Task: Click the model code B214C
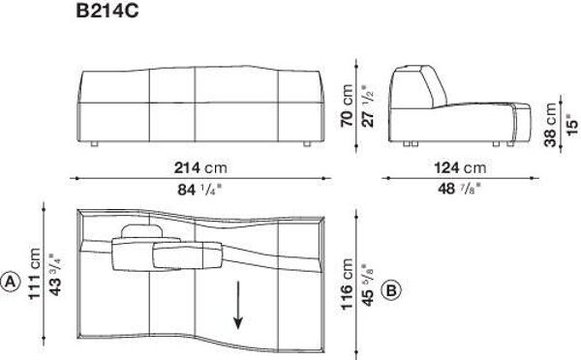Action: [107, 11]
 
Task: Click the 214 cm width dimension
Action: [200, 167]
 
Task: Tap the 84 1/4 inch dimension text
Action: [199, 190]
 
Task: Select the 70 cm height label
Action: [347, 105]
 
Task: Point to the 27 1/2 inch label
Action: [368, 106]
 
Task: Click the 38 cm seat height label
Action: [550, 125]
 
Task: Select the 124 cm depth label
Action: [460, 167]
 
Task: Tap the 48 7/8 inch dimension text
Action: [459, 189]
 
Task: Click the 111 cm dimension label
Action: [34, 274]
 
